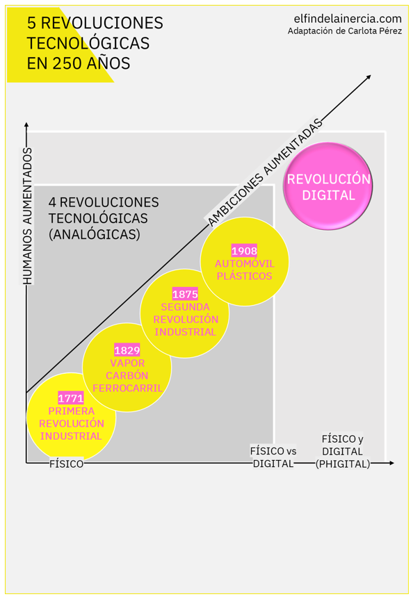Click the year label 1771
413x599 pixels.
click(x=71, y=398)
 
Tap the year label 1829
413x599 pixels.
click(x=127, y=350)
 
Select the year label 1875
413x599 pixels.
click(x=185, y=295)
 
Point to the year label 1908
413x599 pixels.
click(x=244, y=251)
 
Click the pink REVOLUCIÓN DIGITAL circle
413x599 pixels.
click(x=328, y=186)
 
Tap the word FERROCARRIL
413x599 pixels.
click(x=127, y=388)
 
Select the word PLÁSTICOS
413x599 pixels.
click(x=244, y=276)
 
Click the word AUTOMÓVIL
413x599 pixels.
click(x=244, y=263)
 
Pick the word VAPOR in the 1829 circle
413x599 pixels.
click(x=127, y=363)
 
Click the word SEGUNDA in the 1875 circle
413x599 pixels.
click(x=185, y=307)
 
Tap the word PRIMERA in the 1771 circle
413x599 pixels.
click(x=71, y=411)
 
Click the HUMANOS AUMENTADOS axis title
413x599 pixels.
click(x=27, y=215)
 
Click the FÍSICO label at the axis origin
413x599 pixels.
click(x=66, y=463)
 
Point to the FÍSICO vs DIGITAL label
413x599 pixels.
click(x=273, y=457)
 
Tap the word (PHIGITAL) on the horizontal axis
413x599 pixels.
click(x=343, y=463)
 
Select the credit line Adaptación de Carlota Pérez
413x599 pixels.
click(x=344, y=31)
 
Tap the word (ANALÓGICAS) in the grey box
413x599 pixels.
click(x=95, y=235)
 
